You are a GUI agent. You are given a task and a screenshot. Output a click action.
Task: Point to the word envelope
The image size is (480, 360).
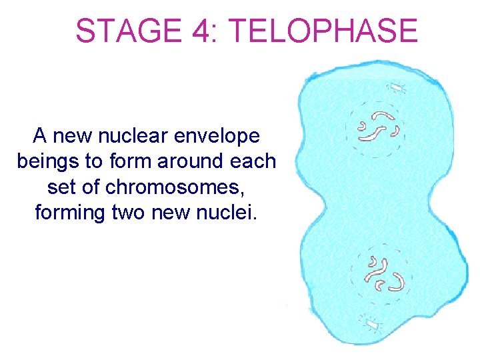click(x=223, y=137)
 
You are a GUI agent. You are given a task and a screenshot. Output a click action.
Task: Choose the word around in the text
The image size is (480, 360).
click(x=195, y=161)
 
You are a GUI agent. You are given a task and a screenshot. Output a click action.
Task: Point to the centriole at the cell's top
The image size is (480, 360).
click(x=397, y=87)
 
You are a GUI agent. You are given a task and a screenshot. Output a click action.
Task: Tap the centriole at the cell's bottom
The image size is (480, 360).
click(x=371, y=324)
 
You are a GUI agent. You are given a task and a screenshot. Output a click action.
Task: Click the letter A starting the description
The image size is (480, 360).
click(x=41, y=136)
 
